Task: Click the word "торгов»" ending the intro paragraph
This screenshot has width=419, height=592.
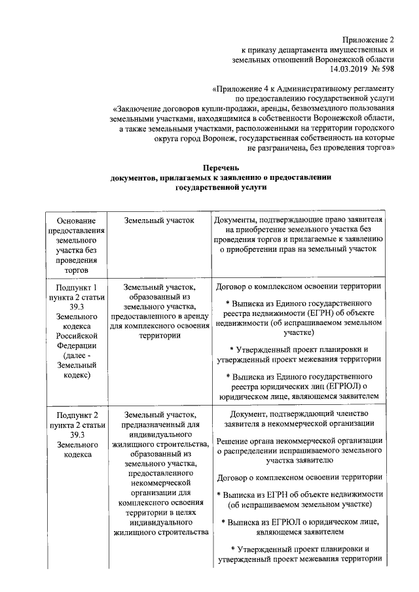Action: pyautogui.click(x=380, y=148)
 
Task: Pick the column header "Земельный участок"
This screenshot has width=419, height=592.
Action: pyautogui.click(x=159, y=220)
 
